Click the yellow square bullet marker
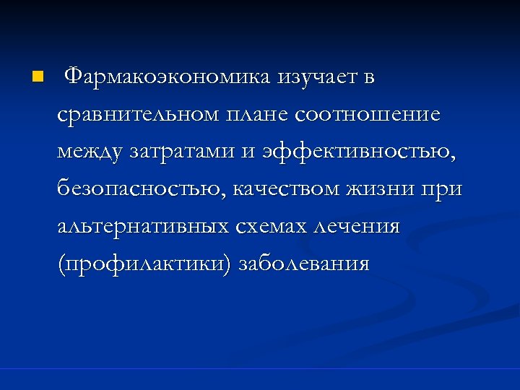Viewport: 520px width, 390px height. (38, 76)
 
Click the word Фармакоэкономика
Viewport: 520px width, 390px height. (168, 76)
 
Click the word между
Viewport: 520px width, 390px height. (92, 152)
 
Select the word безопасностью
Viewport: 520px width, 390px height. (142, 190)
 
